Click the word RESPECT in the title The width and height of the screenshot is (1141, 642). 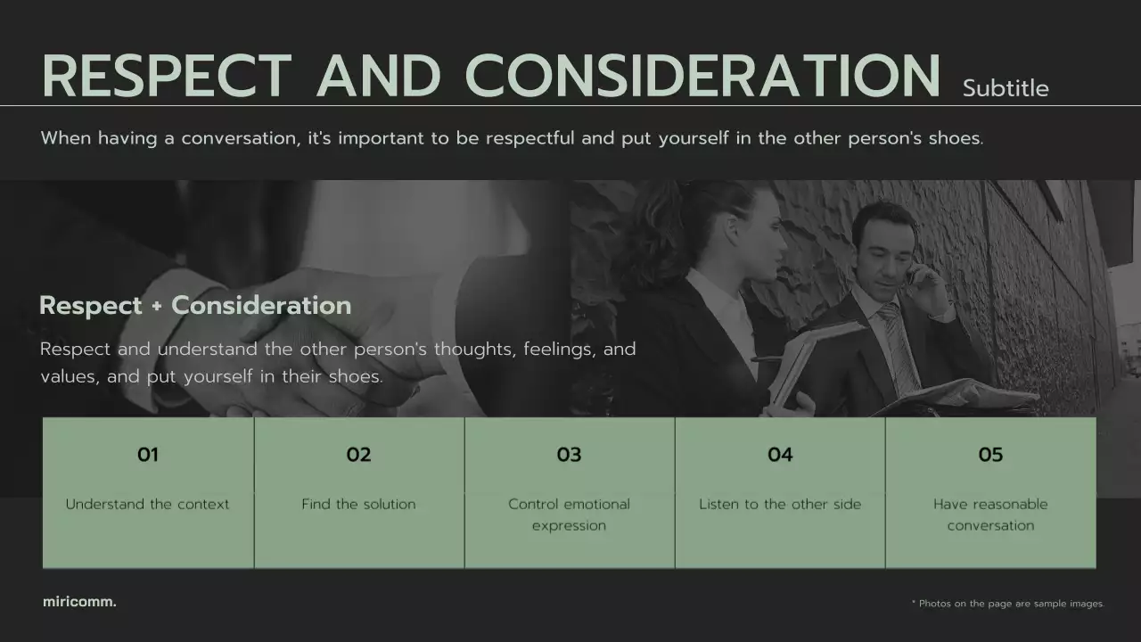(x=167, y=77)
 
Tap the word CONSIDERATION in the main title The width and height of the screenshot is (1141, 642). (x=702, y=77)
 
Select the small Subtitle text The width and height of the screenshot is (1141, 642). (x=1006, y=88)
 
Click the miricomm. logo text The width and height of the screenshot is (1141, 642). (x=79, y=602)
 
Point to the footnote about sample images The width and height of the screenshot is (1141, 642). (x=1007, y=604)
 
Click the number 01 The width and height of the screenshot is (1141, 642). (x=148, y=455)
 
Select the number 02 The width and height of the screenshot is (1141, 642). (x=358, y=455)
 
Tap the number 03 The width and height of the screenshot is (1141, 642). (x=569, y=455)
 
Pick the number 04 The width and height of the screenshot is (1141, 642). (x=780, y=455)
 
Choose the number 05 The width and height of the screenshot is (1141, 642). (x=990, y=455)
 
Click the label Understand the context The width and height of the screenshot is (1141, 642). (x=148, y=504)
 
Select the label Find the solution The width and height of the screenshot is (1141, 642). (x=358, y=504)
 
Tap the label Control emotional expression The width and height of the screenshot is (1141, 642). (x=569, y=514)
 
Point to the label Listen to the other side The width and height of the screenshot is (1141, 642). (x=780, y=504)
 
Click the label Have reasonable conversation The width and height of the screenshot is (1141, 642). (x=990, y=514)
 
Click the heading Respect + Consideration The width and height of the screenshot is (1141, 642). (x=195, y=306)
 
